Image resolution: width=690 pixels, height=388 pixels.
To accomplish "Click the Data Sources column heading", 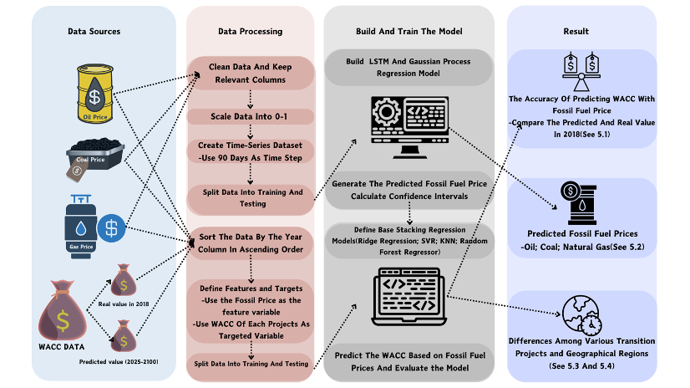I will point(94,32).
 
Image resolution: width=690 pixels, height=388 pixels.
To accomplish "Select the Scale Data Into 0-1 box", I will point(250,115).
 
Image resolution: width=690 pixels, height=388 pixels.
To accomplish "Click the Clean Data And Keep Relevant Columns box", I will point(250,74).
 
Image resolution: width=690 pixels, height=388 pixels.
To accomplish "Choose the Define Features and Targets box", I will point(250,310).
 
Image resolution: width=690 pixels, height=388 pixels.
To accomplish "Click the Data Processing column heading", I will point(250,32).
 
